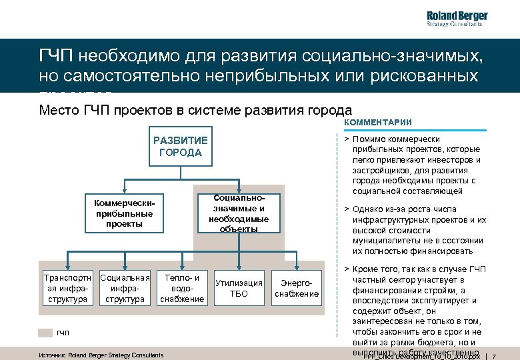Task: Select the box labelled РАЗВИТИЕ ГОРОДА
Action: [181, 146]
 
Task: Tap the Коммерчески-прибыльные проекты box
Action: [124, 213]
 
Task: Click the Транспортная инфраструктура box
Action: [65, 288]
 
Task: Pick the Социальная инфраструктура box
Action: [125, 288]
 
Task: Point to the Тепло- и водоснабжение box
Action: [181, 288]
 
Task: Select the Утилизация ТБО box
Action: [239, 288]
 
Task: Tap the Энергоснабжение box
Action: [297, 288]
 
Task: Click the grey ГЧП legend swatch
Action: [45, 332]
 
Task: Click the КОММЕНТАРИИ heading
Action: [378, 123]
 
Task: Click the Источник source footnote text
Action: [101, 355]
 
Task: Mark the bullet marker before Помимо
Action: [347, 139]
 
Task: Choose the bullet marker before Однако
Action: [347, 209]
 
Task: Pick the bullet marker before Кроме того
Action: [347, 269]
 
